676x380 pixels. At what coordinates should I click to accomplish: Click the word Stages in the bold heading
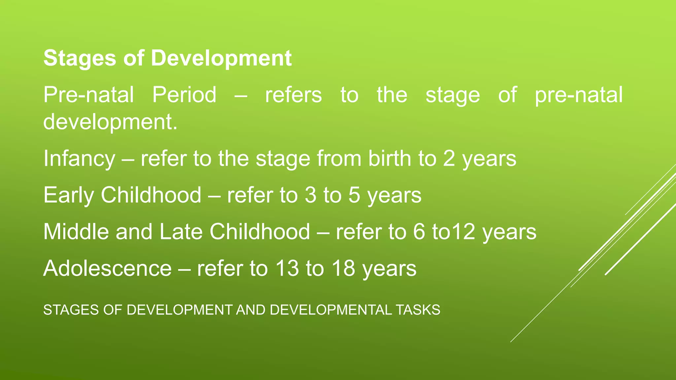80,58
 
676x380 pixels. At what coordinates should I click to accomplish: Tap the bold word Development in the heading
221,58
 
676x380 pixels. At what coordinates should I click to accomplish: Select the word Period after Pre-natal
184,95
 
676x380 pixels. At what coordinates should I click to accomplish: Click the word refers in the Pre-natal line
293,95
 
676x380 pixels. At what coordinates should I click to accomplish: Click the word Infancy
79,159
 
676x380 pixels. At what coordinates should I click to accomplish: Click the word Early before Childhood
68,195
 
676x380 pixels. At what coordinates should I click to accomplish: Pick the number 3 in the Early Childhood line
310,195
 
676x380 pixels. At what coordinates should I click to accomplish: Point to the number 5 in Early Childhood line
354,195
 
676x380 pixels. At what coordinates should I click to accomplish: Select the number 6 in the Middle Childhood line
419,232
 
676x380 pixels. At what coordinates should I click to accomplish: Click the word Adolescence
108,268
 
